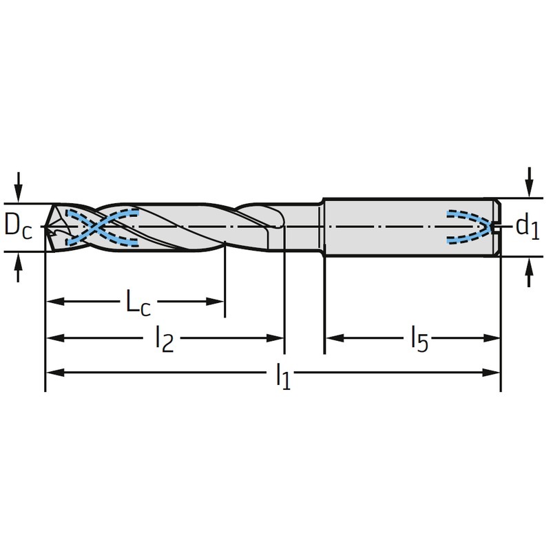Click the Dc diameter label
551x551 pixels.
pos(19,227)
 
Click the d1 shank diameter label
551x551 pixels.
pos(527,227)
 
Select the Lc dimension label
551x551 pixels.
pos(138,302)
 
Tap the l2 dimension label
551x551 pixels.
pos(165,339)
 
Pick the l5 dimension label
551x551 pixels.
pos(420,339)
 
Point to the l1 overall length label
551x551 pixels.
pos(283,376)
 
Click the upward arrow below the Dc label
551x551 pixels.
pos(19,267)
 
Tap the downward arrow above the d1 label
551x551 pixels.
pos(529,183)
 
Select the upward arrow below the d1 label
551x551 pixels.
pos(529,272)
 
